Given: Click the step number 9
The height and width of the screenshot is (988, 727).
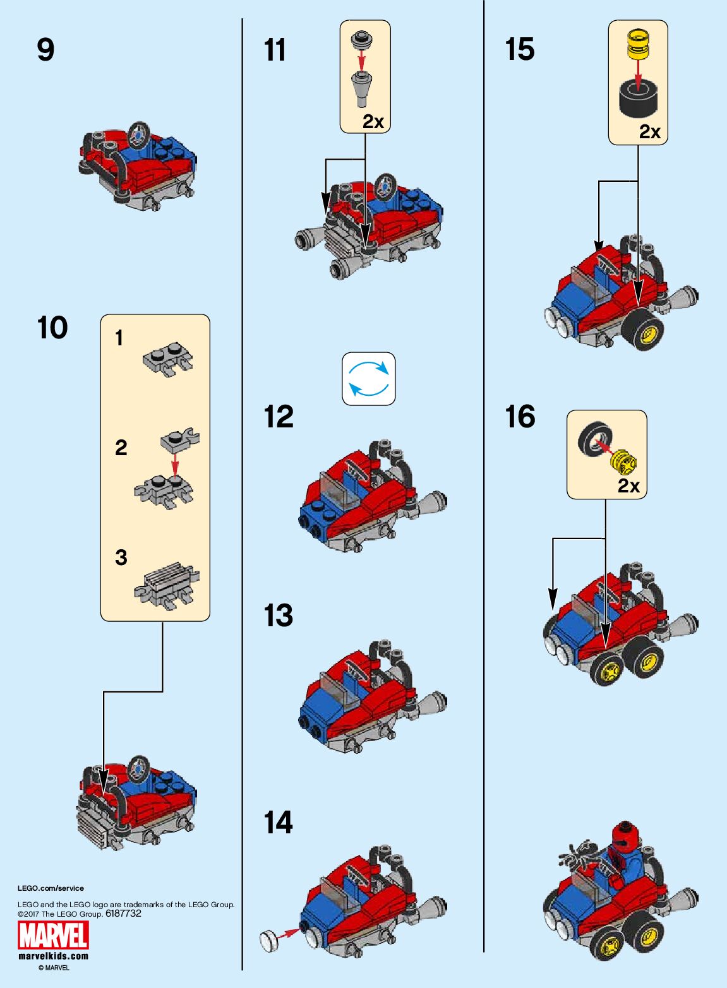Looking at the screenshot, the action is pyautogui.click(x=45, y=50).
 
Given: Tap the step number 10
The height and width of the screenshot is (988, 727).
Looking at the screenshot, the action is pyautogui.click(x=52, y=328).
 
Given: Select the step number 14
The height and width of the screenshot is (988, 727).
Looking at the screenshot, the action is pyautogui.click(x=279, y=823).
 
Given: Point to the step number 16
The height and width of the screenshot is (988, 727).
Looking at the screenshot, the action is pyautogui.click(x=520, y=417).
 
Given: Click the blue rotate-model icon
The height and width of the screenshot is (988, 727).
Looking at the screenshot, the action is pyautogui.click(x=369, y=379).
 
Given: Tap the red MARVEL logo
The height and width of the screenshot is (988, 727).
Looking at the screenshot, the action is pyautogui.click(x=53, y=936).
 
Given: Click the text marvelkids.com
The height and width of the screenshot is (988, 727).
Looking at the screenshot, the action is pyautogui.click(x=53, y=956).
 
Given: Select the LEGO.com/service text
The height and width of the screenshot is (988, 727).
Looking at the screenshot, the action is pyautogui.click(x=51, y=888).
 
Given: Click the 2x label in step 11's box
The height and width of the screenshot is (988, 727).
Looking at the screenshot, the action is pyautogui.click(x=373, y=122).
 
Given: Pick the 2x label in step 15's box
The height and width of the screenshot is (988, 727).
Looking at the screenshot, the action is pyautogui.click(x=649, y=131).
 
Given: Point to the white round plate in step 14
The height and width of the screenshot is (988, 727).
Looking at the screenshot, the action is pyautogui.click(x=270, y=941).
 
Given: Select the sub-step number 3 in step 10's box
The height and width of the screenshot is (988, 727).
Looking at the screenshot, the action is pyautogui.click(x=121, y=557).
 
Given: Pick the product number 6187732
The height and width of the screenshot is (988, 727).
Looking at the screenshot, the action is pyautogui.click(x=123, y=914).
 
